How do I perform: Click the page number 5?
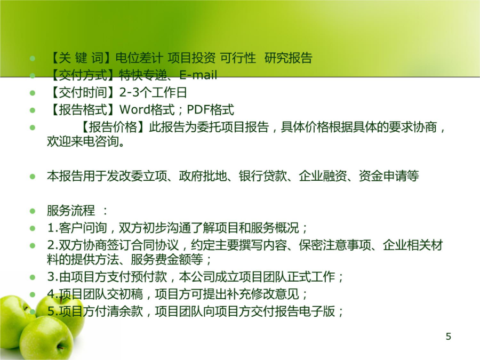click(449, 337)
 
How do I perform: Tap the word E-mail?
click(198, 75)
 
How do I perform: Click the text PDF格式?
click(210, 109)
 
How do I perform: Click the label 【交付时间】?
click(83, 92)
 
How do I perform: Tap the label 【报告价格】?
click(113, 127)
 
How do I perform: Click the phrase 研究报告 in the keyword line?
click(289, 58)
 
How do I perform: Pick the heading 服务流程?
click(71, 211)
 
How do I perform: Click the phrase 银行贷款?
click(263, 176)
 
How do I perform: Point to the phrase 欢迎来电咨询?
click(83, 141)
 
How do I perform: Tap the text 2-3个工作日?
click(153, 92)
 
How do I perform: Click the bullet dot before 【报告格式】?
click(33, 110)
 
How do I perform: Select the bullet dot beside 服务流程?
click(33, 211)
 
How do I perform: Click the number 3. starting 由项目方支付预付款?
click(53, 277)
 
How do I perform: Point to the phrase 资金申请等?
click(389, 176)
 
